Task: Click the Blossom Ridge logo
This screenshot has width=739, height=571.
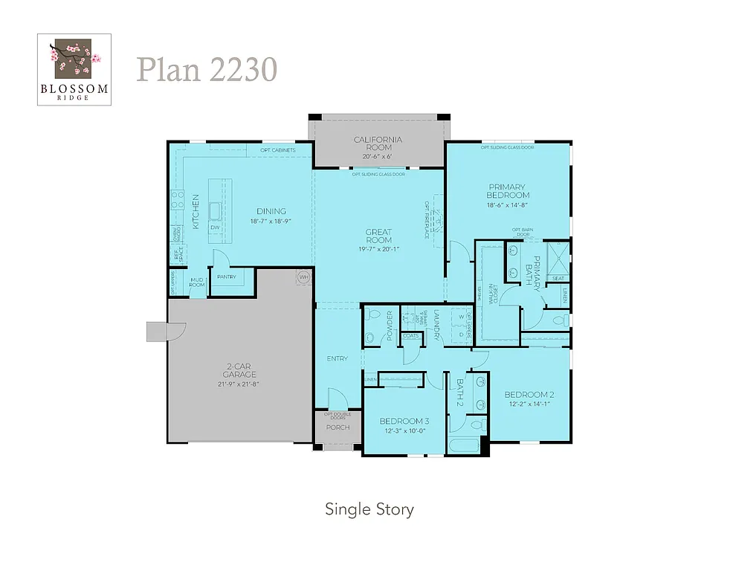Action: pyautogui.click(x=74, y=69)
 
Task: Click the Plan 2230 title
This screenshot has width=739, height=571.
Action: pyautogui.click(x=207, y=70)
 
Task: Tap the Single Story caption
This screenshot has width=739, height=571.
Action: pyautogui.click(x=369, y=509)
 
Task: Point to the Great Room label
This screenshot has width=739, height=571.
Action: pyautogui.click(x=378, y=236)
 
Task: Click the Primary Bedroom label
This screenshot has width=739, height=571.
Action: pyautogui.click(x=507, y=191)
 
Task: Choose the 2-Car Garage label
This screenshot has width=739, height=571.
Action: pyautogui.click(x=238, y=370)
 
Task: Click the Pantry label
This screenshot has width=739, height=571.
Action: pyautogui.click(x=226, y=277)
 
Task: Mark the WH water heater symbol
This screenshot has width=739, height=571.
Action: pyautogui.click(x=303, y=277)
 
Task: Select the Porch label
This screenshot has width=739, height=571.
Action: pyautogui.click(x=338, y=428)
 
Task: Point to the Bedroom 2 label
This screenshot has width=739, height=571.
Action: pyautogui.click(x=530, y=395)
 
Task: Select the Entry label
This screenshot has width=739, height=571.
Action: pyautogui.click(x=337, y=359)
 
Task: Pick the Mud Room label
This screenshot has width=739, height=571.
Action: pyautogui.click(x=197, y=283)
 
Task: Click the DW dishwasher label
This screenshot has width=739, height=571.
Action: pyautogui.click(x=214, y=228)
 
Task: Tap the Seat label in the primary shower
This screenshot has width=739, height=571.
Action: pyautogui.click(x=558, y=279)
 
